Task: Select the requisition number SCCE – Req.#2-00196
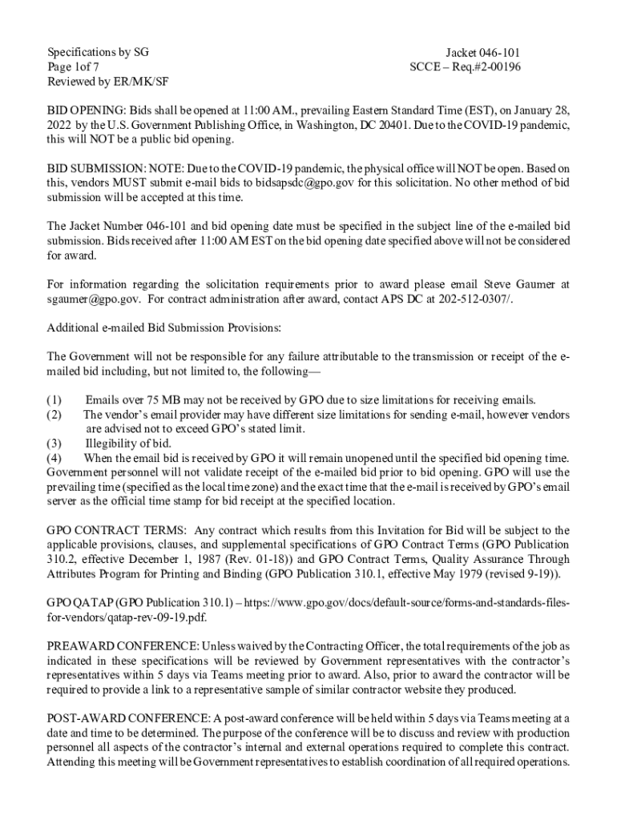(465, 67)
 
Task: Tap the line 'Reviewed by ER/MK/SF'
(107, 82)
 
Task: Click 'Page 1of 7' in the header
(74, 67)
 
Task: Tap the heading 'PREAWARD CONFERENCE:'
(123, 646)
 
